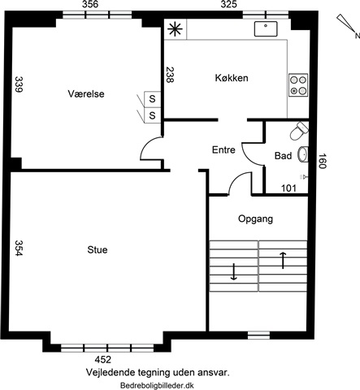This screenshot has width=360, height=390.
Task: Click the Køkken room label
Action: tap(232, 78)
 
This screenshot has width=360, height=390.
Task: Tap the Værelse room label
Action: tap(86, 94)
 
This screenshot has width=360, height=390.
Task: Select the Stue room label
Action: tap(98, 249)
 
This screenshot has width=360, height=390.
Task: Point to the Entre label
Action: tap(223, 149)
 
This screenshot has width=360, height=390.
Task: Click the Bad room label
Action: tap(283, 156)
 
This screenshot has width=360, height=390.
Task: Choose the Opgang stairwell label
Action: tap(255, 219)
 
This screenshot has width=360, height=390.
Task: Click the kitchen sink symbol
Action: tap(266, 29)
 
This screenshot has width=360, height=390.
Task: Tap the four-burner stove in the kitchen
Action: tap(298, 84)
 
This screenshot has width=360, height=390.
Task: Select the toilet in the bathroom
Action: tap(299, 131)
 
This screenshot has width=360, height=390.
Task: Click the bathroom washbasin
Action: tap(303, 154)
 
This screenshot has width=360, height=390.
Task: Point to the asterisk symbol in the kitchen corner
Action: tap(176, 29)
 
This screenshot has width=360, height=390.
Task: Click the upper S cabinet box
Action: tap(152, 99)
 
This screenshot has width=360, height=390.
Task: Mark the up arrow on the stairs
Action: tap(283, 261)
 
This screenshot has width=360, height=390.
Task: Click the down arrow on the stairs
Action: tap(233, 271)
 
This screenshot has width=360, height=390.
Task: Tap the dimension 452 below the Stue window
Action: tap(103, 360)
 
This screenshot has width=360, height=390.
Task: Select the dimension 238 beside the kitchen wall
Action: tap(169, 75)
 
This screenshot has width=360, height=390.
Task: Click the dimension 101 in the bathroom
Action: tap(288, 188)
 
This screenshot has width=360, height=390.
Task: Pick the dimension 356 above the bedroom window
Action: tap(90, 4)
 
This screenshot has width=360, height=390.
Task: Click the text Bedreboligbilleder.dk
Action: tap(157, 385)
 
